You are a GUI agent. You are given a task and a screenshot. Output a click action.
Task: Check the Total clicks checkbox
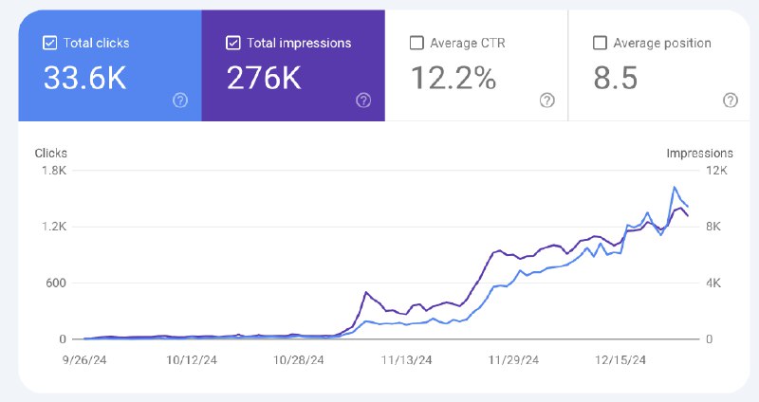tap(50, 43)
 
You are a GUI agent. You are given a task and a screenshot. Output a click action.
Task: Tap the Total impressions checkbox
tap(232, 43)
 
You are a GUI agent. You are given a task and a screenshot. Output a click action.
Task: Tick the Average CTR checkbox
tap(417, 43)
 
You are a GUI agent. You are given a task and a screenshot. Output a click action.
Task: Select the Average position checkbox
tap(600, 43)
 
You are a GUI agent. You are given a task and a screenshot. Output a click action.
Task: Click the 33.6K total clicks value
tap(85, 78)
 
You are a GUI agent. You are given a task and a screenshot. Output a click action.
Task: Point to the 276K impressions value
tap(264, 78)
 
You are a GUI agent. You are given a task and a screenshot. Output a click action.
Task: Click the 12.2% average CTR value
tap(454, 78)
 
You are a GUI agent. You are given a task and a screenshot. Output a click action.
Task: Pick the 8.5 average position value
tap(616, 78)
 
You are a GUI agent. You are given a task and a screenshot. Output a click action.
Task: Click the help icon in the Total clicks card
tap(180, 100)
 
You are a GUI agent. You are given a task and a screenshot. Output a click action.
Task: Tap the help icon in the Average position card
tap(731, 100)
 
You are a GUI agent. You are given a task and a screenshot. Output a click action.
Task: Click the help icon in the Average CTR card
tap(547, 100)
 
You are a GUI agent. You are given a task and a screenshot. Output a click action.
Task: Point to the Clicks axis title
tap(51, 154)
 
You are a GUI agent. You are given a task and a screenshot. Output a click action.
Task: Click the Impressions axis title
tap(699, 154)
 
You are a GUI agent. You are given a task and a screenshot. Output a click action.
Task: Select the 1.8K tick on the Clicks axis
tap(54, 171)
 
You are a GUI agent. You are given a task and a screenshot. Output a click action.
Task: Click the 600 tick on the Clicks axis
tap(56, 283)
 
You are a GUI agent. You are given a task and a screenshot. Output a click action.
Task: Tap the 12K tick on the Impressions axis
tap(716, 171)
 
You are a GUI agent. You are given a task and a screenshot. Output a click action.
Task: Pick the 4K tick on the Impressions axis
tap(713, 283)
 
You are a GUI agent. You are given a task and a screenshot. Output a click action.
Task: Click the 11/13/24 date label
tap(406, 360)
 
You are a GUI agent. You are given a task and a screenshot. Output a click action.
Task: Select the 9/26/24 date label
tap(84, 360)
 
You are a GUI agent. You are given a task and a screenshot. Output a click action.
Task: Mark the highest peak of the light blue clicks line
tap(675, 187)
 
